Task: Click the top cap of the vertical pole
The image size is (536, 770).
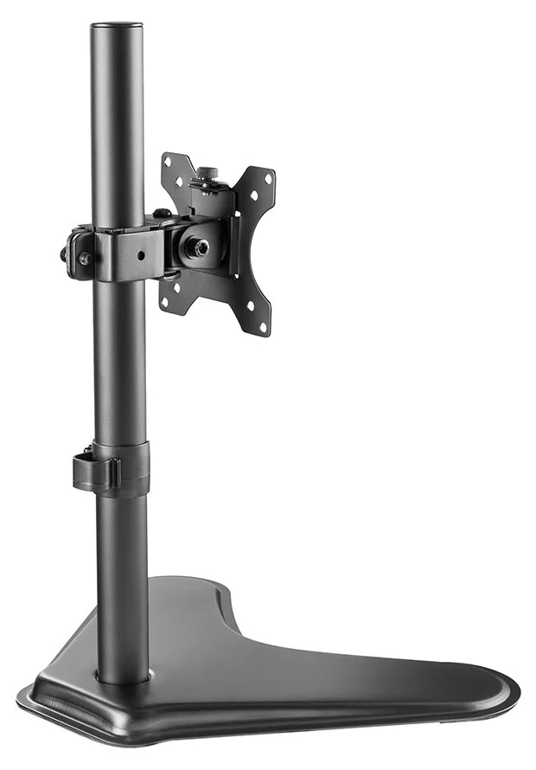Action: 118,29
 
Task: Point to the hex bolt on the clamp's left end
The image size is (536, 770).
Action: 85,258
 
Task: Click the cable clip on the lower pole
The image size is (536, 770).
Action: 92,470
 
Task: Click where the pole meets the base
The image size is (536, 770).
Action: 122,676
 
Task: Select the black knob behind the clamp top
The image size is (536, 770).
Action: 161,213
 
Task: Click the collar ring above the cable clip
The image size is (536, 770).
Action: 120,451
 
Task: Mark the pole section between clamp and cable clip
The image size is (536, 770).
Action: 119,363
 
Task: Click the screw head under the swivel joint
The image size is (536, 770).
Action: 170,276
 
